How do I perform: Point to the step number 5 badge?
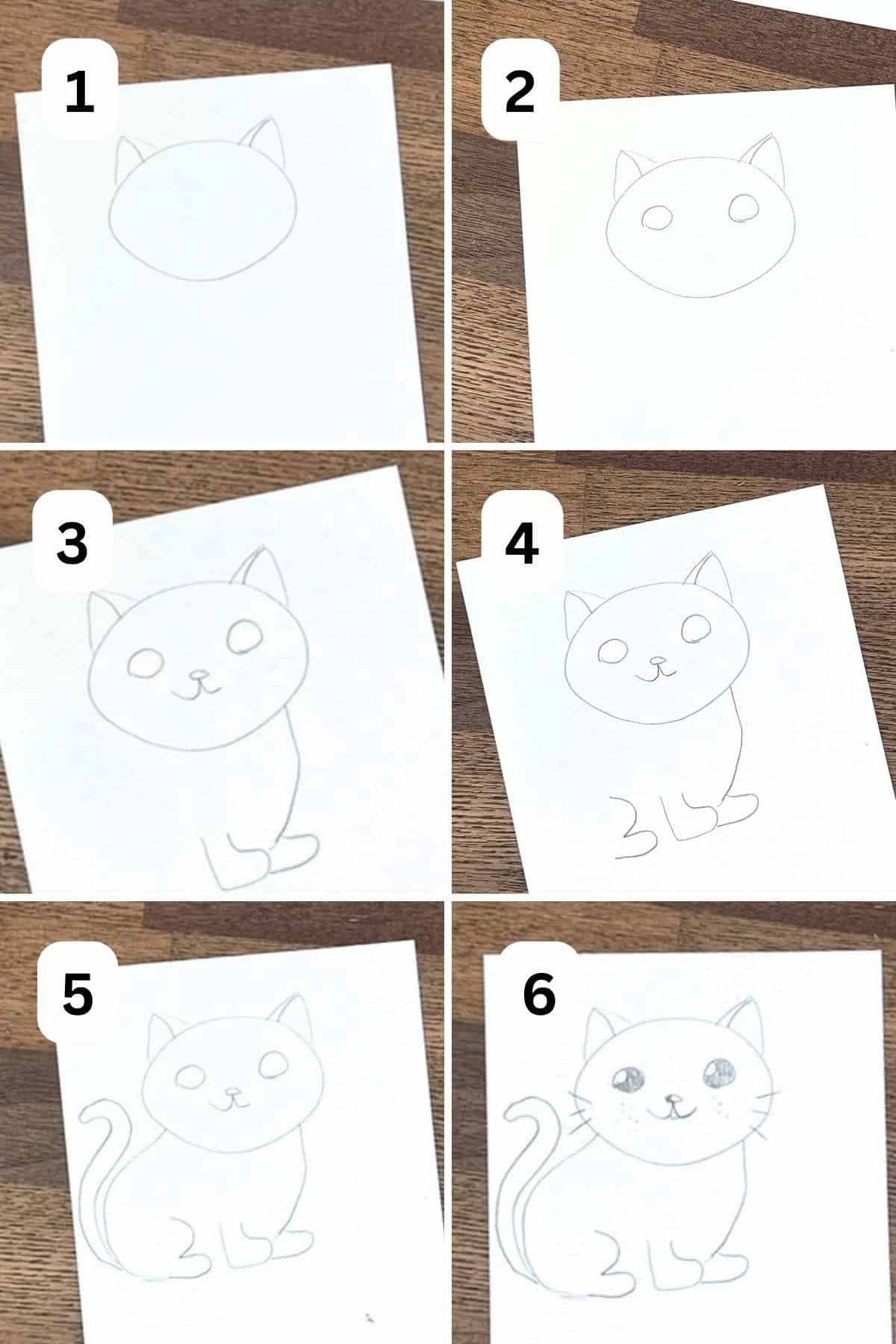78,993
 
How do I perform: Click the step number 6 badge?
539,994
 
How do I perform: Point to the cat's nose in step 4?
658,661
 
